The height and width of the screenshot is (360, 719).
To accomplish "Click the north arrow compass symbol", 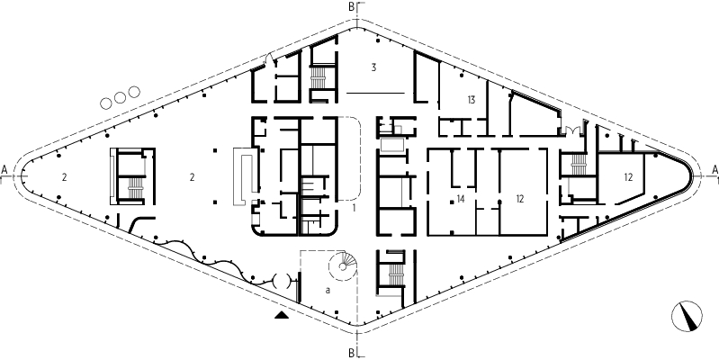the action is click(687, 316).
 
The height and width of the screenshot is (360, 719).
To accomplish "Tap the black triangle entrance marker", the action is click(282, 315).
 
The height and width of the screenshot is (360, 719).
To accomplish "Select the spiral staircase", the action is click(343, 265).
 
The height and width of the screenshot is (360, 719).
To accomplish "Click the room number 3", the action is click(373, 67).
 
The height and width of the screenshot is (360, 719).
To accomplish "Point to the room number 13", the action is click(472, 100).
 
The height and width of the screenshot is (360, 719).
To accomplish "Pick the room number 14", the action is click(461, 199).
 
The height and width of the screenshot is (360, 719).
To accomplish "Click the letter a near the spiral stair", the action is click(328, 291).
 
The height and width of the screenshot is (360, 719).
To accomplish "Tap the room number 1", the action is click(354, 208).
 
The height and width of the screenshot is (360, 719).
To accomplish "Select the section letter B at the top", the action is click(351, 7).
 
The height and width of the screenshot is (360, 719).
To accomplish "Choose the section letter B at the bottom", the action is click(351, 353).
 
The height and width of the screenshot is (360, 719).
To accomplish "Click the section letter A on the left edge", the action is click(4, 170).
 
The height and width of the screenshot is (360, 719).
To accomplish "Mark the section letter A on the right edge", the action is click(715, 170).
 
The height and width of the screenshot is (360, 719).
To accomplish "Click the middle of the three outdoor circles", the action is click(120, 97).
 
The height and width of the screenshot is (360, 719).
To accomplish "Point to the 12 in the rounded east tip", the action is click(628, 177).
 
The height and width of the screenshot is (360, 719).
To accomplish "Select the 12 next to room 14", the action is click(519, 199).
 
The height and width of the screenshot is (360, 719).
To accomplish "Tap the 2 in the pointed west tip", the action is click(64, 177).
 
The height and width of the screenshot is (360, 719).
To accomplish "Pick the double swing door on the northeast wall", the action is click(571, 130).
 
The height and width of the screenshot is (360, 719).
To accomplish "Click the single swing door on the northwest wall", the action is click(270, 58).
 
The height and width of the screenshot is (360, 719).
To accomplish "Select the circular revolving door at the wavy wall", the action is click(281, 280).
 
